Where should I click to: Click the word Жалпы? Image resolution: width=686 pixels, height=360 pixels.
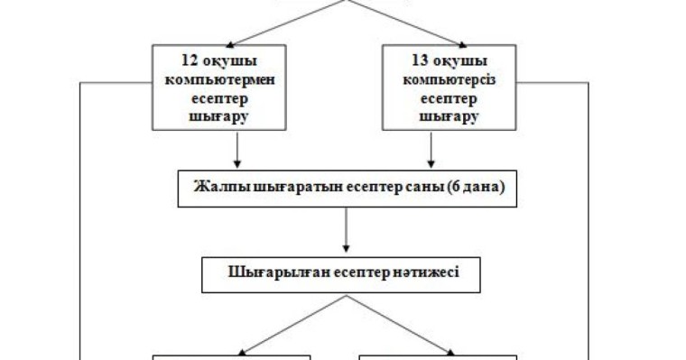(x=216, y=189)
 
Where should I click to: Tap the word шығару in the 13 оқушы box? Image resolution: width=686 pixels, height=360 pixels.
(x=449, y=115)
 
